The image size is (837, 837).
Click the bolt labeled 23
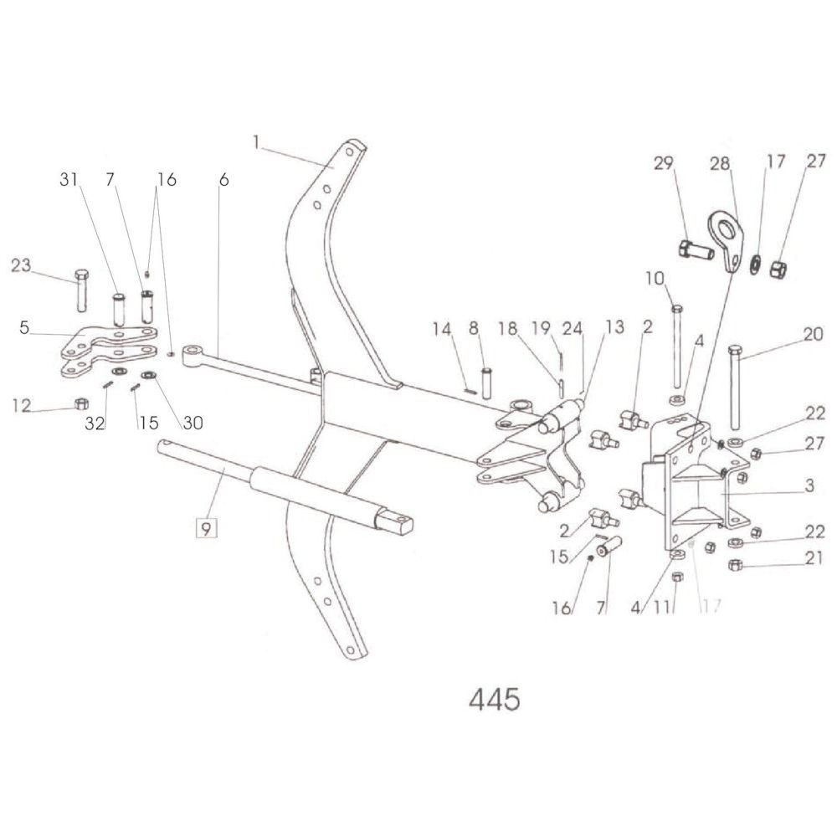point(80,290)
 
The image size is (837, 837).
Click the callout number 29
point(664,163)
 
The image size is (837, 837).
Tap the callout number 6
point(223,179)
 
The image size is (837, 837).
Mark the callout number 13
point(614,327)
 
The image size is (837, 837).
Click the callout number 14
point(442,328)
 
